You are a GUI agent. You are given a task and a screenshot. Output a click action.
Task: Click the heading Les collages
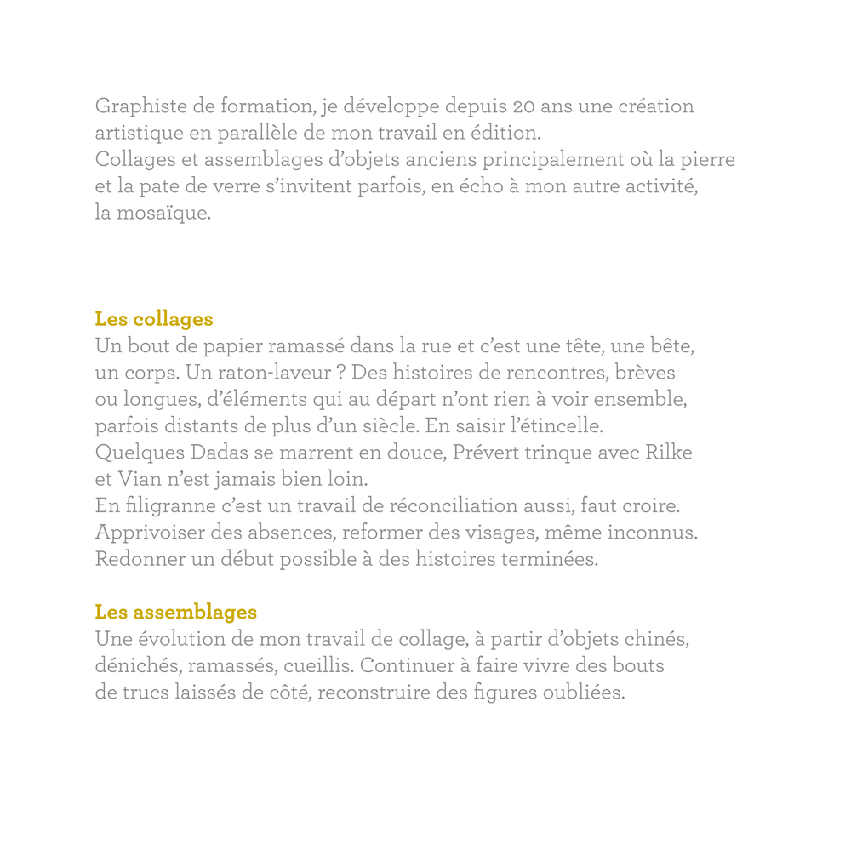(153, 320)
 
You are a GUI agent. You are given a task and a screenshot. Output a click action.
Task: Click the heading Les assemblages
(175, 612)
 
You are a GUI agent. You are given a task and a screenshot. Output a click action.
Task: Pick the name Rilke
(669, 453)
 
